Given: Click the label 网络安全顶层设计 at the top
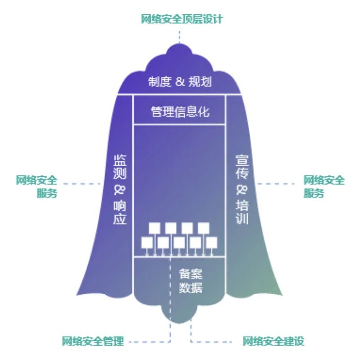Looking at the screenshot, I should coord(181,19).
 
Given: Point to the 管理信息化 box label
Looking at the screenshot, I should coord(180,111).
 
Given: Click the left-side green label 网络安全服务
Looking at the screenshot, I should coord(37,187).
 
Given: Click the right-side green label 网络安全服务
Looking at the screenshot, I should coord(324,187).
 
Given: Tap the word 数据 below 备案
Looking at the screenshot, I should coord(191,287).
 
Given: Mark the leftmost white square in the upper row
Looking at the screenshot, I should coord(155,227).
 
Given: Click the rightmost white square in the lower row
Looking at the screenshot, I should coord(212,242).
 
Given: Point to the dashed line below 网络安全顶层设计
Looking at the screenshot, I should coord(180,36).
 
